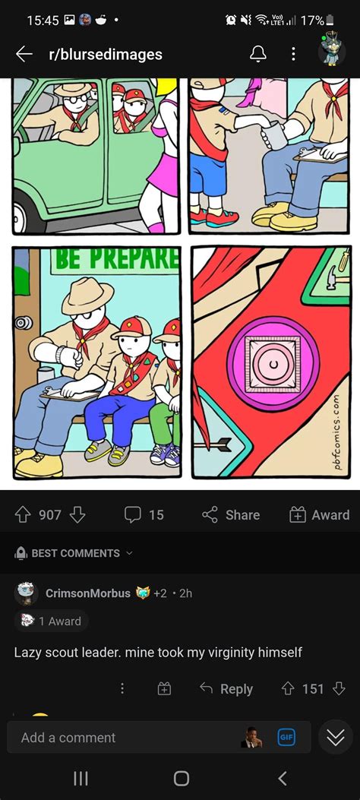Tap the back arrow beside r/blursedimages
[24, 54]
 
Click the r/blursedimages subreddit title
[105, 54]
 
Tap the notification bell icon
[258, 54]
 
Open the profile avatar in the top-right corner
[332, 52]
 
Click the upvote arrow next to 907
[23, 515]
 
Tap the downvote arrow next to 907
[77, 515]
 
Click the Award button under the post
[319, 515]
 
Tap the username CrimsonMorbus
[87, 593]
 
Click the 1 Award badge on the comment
[52, 621]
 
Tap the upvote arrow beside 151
[288, 689]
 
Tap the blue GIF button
[286, 738]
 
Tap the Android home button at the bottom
[181, 778]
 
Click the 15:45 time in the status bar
[43, 21]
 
